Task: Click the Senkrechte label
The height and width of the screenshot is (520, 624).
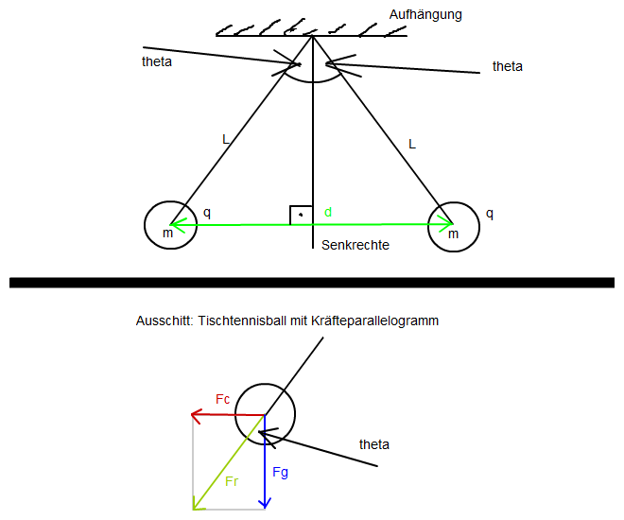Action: point(355,246)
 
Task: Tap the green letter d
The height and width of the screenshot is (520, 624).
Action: point(328,213)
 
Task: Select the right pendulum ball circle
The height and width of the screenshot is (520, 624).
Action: point(454,225)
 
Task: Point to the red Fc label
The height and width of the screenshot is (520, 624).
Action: point(223,399)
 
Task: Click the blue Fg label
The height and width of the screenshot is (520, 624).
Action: point(281,471)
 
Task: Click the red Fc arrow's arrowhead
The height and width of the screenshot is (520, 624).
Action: point(197,414)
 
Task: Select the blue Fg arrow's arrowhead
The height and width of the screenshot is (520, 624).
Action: point(267,502)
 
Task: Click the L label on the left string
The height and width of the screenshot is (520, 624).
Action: point(225,139)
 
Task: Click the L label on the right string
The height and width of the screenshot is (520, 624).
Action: point(411,144)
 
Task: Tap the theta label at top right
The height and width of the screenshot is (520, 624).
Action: point(507,66)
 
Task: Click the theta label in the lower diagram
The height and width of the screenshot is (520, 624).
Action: point(374,443)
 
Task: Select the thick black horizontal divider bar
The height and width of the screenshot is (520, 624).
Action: point(312,282)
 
